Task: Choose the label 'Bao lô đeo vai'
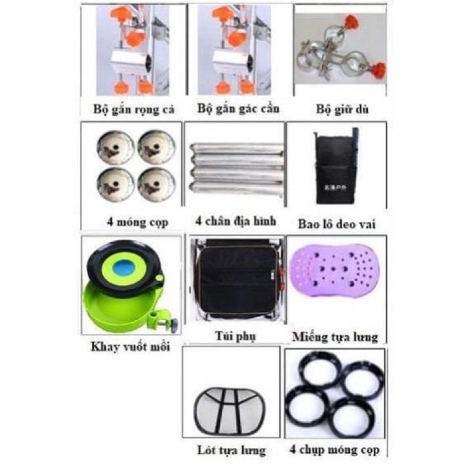coord(337,222)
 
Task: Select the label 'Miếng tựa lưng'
coord(334,336)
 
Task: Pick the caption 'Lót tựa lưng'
coord(231,450)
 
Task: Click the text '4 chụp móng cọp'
coord(334,450)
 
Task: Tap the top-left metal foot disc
coord(114,146)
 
